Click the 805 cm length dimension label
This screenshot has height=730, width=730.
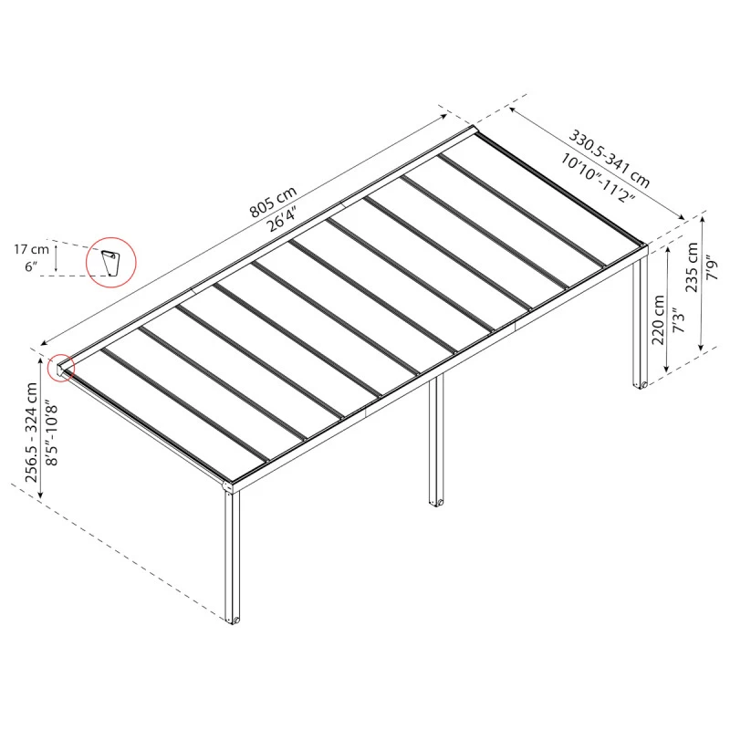(x=274, y=207)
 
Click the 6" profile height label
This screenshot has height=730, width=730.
(x=31, y=266)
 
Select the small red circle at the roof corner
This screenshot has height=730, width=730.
(x=62, y=367)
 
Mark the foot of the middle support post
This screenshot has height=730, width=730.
(x=436, y=501)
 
